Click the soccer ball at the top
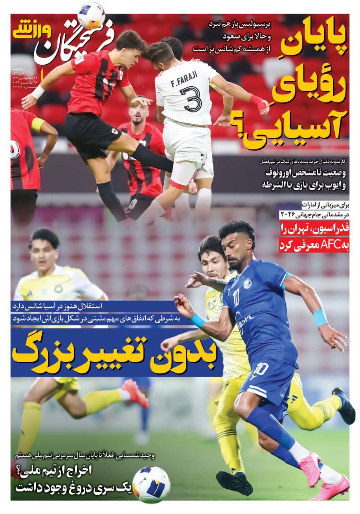(x=91, y=16)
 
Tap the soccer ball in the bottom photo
(x=151, y=484)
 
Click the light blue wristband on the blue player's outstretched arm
(x=320, y=317)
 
